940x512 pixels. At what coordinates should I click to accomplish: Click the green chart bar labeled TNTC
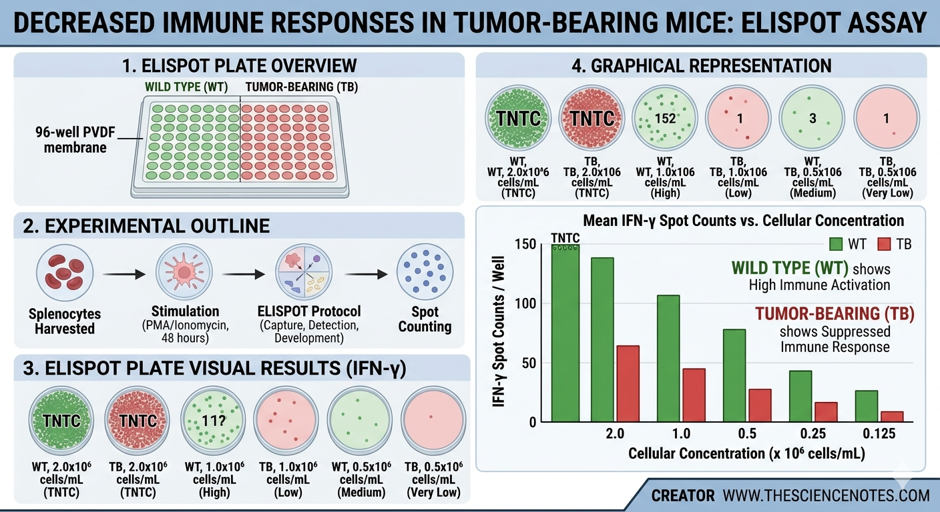point(565,333)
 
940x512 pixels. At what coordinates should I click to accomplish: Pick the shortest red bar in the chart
point(892,417)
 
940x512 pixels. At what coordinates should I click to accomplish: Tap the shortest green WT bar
point(867,406)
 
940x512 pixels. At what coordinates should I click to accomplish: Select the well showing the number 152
point(666,119)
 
